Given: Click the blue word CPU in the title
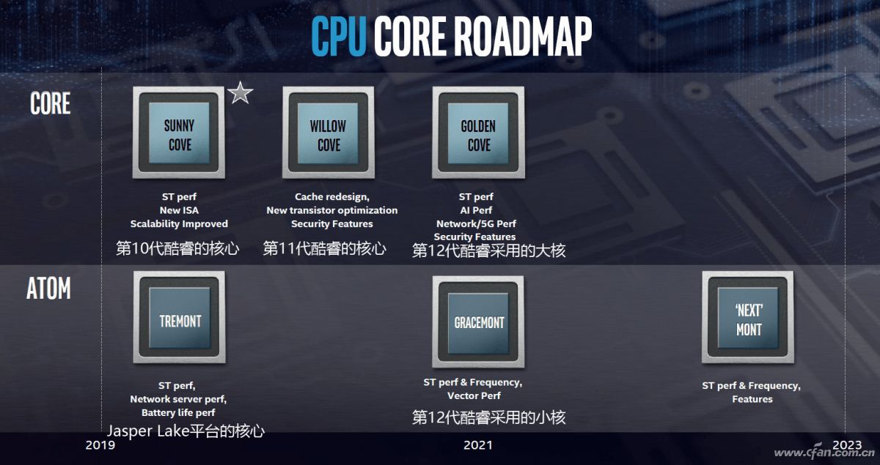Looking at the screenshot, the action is tap(339, 36).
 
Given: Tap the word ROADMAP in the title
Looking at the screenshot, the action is tap(524, 36).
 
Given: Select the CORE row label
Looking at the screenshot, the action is tap(51, 103).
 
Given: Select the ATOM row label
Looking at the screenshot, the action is tap(48, 288).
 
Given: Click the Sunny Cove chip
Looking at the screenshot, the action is tap(179, 133).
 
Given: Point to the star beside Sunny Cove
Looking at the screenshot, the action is tap(240, 93).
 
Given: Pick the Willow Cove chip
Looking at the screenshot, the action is tap(329, 133).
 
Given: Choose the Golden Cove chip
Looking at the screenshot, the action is tap(478, 133).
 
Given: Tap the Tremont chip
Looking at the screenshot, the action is tap(180, 317).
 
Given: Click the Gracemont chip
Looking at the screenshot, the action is tap(478, 321).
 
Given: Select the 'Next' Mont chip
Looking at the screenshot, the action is tap(748, 317).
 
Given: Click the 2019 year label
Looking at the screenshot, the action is tap(100, 445).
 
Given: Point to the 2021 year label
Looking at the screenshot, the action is tap(478, 445).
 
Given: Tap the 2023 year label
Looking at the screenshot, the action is tap(847, 445).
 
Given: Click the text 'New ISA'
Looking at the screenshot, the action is tap(179, 210).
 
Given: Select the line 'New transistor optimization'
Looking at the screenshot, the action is tap(332, 210).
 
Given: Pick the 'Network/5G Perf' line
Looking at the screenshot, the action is tap(476, 223).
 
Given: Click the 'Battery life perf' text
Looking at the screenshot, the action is tap(178, 413).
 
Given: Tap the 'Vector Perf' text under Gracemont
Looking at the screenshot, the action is tap(474, 395).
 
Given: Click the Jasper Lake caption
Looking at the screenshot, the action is tap(186, 431).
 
